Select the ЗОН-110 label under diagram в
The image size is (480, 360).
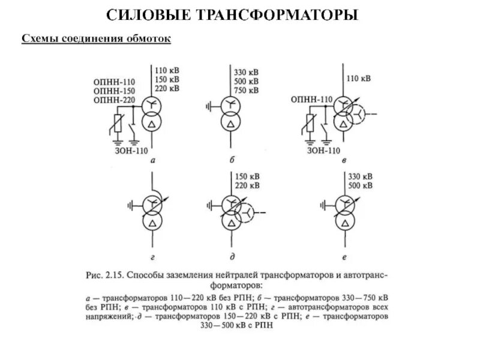click(325, 151)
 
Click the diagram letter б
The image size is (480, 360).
click(231, 160)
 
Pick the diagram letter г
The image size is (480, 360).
click(154, 257)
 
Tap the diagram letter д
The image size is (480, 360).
click(231, 257)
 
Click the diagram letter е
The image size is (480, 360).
click(344, 257)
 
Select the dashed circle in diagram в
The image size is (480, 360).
click(359, 113)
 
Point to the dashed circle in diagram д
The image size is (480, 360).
click(245, 212)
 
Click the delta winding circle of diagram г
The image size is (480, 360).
click(154, 224)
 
